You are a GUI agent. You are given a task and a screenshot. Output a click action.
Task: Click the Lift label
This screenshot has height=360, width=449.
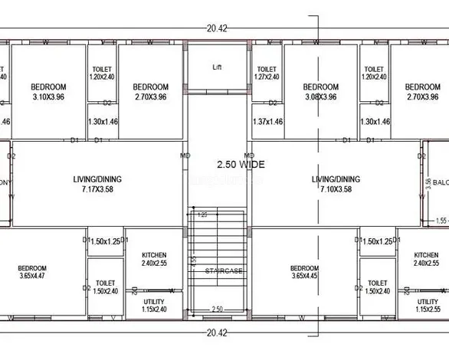tap(217, 67)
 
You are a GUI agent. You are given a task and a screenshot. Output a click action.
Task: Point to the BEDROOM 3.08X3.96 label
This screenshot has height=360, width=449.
tap(320, 92)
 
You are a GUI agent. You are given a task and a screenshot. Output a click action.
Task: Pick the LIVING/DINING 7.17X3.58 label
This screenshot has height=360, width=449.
tap(97, 184)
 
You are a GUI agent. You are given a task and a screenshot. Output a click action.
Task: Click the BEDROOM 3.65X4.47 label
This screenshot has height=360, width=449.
tap(32, 273)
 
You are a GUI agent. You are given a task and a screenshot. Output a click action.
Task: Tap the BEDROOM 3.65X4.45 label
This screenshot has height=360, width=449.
tap(304, 273)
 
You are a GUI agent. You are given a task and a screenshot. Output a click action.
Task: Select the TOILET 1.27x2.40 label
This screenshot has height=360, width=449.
tap(267, 73)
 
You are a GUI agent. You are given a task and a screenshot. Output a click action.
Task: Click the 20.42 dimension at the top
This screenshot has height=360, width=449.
tap(217, 29)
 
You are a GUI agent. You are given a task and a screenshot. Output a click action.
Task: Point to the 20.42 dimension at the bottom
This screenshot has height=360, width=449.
tap(217, 332)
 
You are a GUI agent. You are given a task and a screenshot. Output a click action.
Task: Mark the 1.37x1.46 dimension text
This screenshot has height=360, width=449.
tap(267, 122)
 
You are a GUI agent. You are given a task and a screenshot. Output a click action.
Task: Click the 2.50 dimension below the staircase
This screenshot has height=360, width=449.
tap(218, 309)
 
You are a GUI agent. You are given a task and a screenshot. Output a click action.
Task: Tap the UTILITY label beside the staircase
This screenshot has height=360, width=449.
tap(154, 306)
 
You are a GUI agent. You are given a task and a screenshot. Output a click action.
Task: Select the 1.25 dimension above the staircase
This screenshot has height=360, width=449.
tap(203, 215)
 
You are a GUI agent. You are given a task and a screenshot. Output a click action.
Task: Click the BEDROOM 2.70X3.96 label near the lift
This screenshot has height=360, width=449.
tap(150, 92)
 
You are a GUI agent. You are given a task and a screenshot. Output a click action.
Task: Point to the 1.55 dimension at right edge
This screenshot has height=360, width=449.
tap(441, 221)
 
